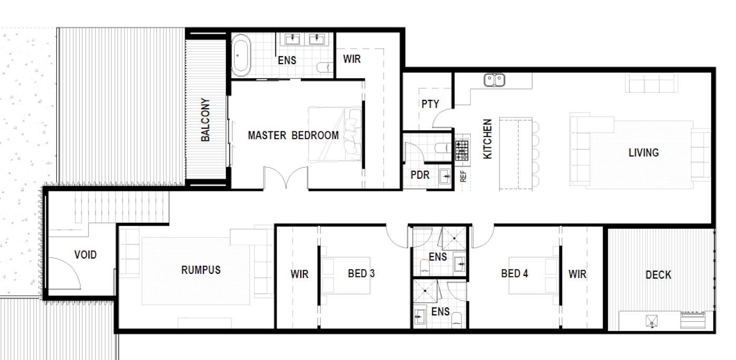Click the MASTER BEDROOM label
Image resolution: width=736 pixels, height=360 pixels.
tap(293, 136)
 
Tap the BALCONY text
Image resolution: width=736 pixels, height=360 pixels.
tap(206, 120)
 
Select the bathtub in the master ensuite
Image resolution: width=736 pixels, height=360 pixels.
tap(241, 55)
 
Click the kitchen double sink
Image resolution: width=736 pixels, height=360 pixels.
tap(494, 80)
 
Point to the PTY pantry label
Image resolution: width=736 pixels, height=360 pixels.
tap(430, 104)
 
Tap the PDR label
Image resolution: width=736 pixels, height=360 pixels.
tap(420, 175)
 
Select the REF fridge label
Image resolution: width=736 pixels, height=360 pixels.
tap(463, 177)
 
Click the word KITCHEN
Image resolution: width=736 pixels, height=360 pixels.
tap(488, 139)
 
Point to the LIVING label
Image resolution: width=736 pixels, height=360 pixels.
tap(643, 153)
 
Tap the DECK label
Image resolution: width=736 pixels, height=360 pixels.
tap(658, 275)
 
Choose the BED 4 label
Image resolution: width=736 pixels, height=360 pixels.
tap(515, 274)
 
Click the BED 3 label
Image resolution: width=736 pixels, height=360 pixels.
tap(361, 274)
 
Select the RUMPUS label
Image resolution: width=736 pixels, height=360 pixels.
tap(201, 270)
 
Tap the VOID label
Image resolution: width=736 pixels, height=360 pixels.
tap(85, 254)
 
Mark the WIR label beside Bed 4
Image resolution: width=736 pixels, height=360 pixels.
tap(577, 274)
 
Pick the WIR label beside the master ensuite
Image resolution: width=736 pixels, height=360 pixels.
tap(352, 59)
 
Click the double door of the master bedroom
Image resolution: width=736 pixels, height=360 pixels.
tap(285, 178)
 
